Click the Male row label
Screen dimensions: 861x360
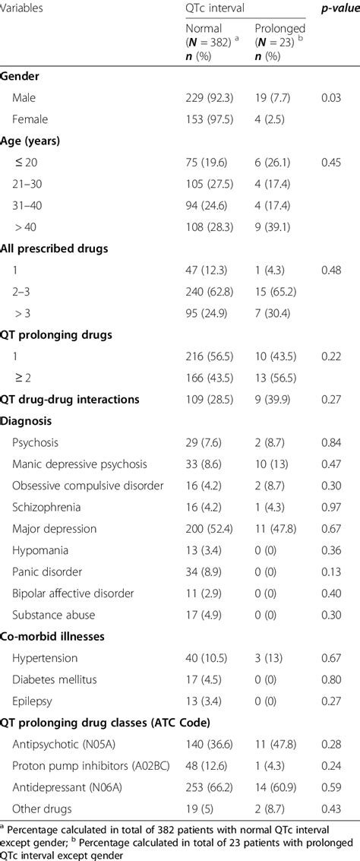[24, 97]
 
